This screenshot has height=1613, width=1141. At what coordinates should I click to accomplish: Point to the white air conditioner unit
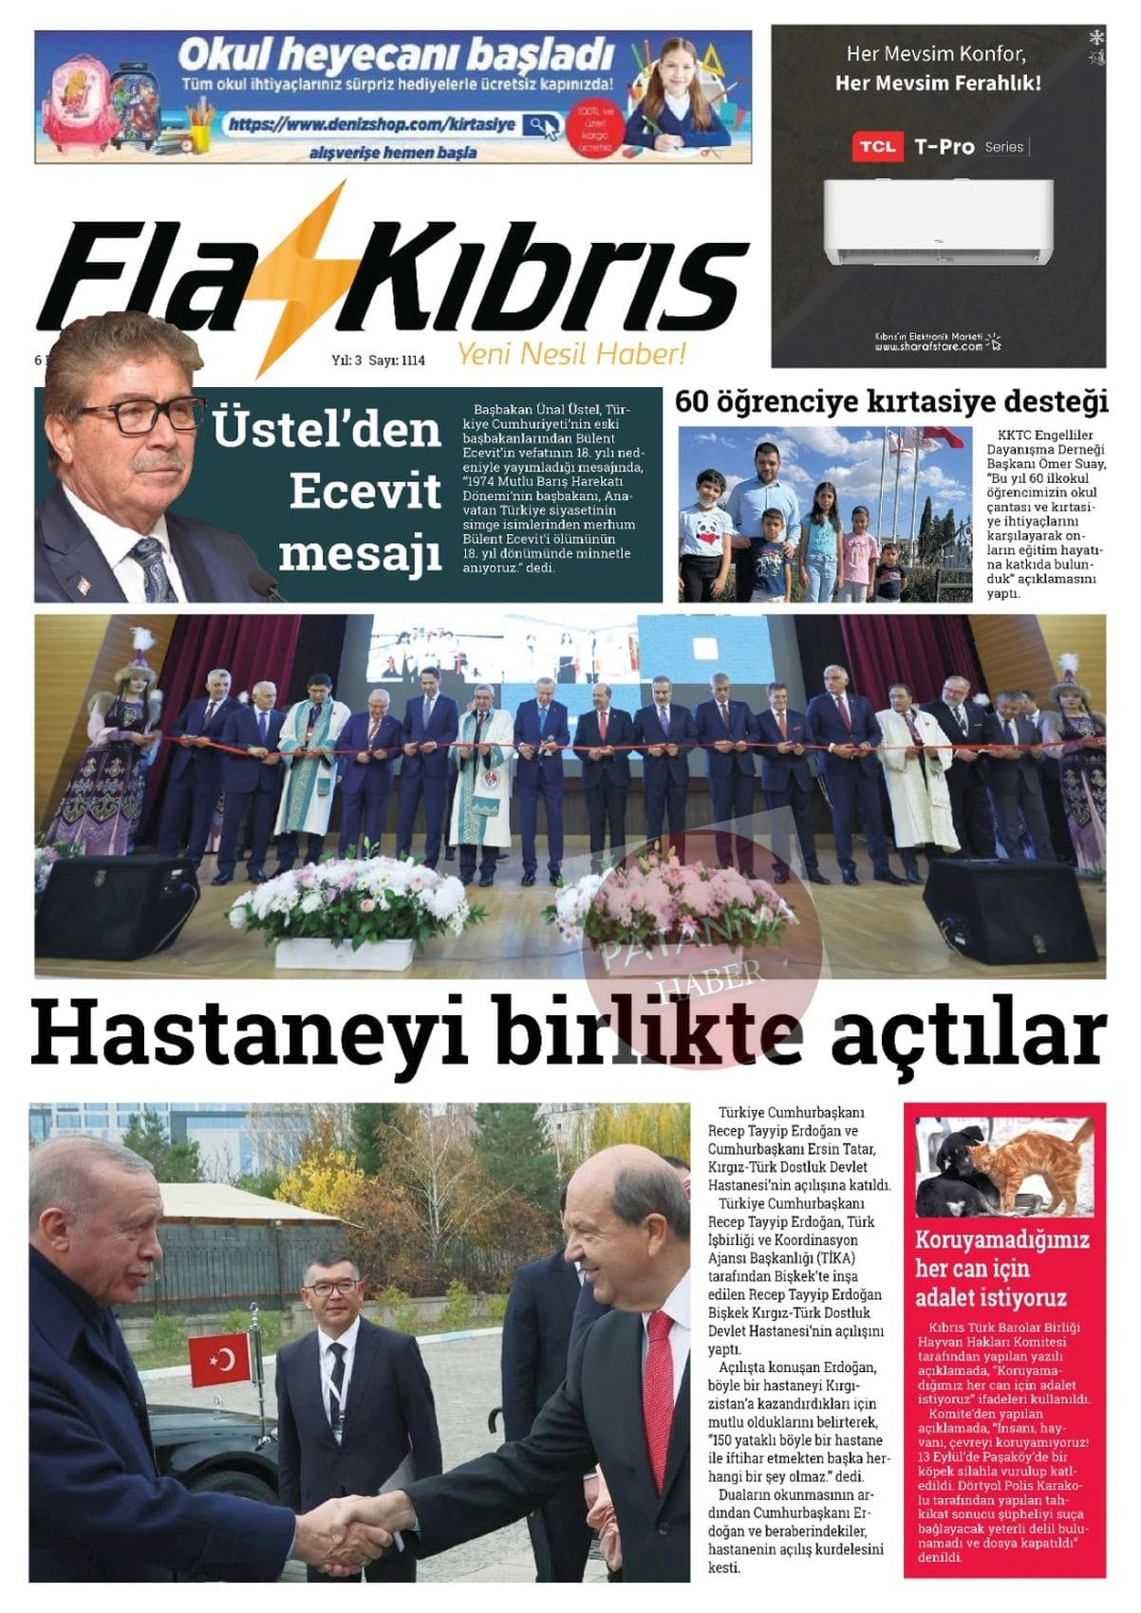pos(937,222)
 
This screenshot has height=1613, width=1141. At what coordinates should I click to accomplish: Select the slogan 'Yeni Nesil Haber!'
pos(571,354)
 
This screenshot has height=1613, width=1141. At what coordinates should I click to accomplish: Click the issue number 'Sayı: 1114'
pos(396,361)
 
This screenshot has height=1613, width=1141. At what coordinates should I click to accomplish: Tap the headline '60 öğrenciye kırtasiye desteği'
pos(891,401)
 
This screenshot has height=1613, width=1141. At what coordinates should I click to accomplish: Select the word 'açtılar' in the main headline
pos(968,1033)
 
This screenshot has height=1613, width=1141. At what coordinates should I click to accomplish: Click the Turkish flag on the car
pos(220,1359)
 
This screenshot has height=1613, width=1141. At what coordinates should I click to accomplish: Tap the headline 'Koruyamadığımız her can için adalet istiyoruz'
pos(1001,1269)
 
